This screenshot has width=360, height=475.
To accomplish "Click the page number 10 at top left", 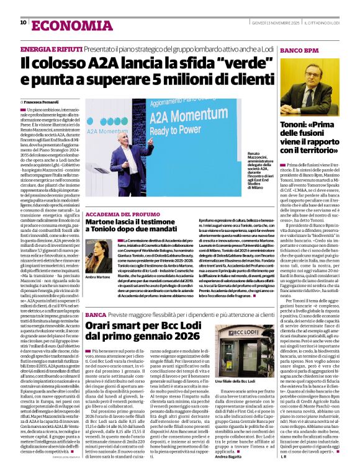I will tap(23, 23).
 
